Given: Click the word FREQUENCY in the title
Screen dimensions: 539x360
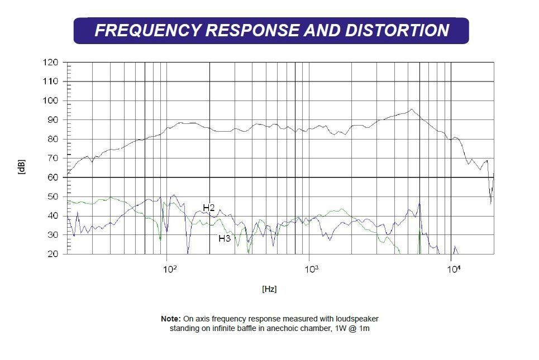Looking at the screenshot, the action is pos(148,30).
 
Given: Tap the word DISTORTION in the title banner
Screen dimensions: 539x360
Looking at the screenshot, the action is pos(397,30).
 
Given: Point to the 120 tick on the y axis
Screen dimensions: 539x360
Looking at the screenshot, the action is pos(50,63).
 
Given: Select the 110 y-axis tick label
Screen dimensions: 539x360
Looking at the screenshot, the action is pos(50,81).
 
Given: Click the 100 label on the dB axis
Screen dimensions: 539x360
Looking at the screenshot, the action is pos(50,100).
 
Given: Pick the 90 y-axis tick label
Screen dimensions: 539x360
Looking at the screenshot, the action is pos(53,120).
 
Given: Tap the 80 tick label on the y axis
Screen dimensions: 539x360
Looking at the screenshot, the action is pos(53,139).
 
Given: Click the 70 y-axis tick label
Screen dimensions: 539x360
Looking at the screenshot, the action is pos(53,159).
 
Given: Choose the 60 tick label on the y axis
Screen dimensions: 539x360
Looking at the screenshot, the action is pos(53,177).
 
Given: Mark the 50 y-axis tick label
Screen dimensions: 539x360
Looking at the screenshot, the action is pos(53,196).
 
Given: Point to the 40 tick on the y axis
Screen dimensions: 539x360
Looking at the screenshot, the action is pos(53,216).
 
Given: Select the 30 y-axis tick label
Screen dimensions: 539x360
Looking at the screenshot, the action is pos(53,235).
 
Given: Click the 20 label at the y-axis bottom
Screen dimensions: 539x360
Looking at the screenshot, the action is pos(53,254).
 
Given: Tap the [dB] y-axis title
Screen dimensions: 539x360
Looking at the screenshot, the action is pos(21,167).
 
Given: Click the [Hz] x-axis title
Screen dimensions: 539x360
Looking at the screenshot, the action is pos(269,289).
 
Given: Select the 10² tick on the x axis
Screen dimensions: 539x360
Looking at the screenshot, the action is pos(170,269).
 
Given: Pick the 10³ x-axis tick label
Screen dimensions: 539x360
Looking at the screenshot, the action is pos(312,269).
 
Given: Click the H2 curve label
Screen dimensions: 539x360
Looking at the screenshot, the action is pos(209,208).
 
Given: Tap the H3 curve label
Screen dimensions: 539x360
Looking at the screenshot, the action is pos(225,238).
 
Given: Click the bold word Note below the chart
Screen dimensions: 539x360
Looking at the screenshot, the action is pos(171,319).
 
